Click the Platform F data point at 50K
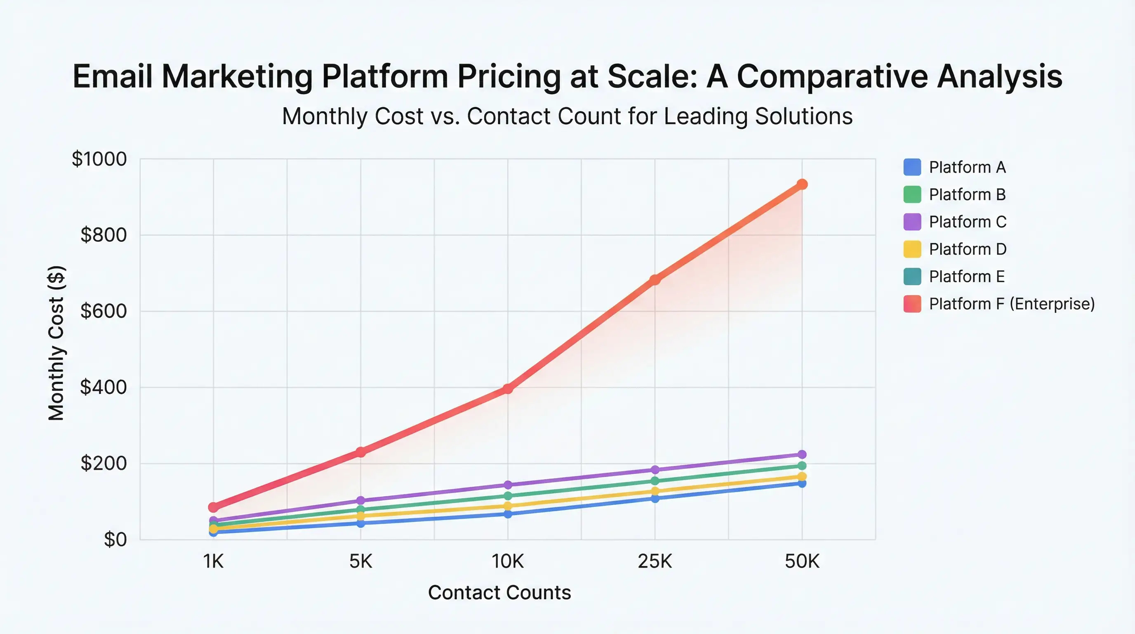coord(802,184)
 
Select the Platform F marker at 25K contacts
coord(655,279)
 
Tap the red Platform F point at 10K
coord(508,388)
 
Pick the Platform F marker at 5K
coord(360,452)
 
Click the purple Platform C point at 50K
coord(802,454)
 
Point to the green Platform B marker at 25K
coord(655,481)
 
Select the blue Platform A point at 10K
coord(508,514)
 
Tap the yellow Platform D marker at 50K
coord(802,477)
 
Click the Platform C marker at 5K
coord(360,500)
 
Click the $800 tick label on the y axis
coord(104,235)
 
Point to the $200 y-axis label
coord(104,464)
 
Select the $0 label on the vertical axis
coord(115,539)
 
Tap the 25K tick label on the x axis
coord(655,562)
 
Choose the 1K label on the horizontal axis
coord(213,562)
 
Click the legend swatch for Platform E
coord(912,277)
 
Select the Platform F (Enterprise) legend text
coord(1012,304)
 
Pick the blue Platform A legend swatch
coord(912,167)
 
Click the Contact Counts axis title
coord(499,593)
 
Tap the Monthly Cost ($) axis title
coord(57,343)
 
